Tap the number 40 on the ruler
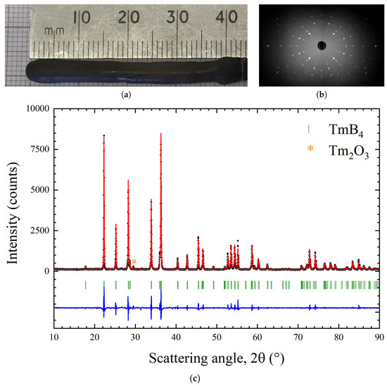point(226,16)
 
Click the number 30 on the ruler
point(178,16)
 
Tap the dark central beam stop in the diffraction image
point(321,46)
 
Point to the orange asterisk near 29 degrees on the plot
point(134,263)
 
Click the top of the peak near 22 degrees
point(104,135)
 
